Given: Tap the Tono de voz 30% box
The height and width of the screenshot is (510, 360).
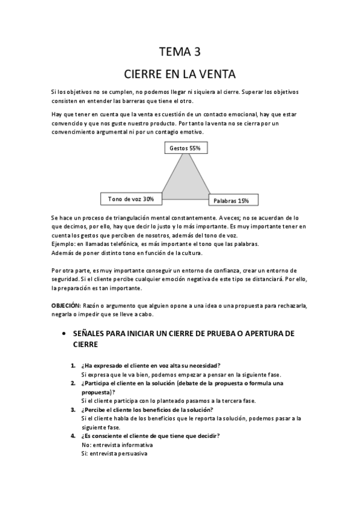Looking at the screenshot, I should coord(130,198).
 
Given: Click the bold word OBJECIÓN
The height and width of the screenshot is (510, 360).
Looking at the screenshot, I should coord(66,306).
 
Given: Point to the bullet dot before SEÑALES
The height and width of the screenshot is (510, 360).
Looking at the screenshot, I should coord(63,333).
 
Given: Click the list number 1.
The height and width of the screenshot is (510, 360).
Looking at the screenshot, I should coord(73,366).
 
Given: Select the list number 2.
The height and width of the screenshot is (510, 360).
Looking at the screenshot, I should coord(73,383).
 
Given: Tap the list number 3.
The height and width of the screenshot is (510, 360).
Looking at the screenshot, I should coord(73,410).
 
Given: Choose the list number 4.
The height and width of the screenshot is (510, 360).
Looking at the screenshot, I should coord(73,435).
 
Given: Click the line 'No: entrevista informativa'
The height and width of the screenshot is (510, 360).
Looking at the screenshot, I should coord(117,444).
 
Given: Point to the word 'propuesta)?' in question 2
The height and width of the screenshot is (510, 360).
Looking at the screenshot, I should coord(98,392).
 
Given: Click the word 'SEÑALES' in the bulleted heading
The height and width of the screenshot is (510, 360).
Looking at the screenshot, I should coord(93,333).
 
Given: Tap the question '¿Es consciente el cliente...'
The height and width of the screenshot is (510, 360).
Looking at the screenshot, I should coord(150,435).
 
